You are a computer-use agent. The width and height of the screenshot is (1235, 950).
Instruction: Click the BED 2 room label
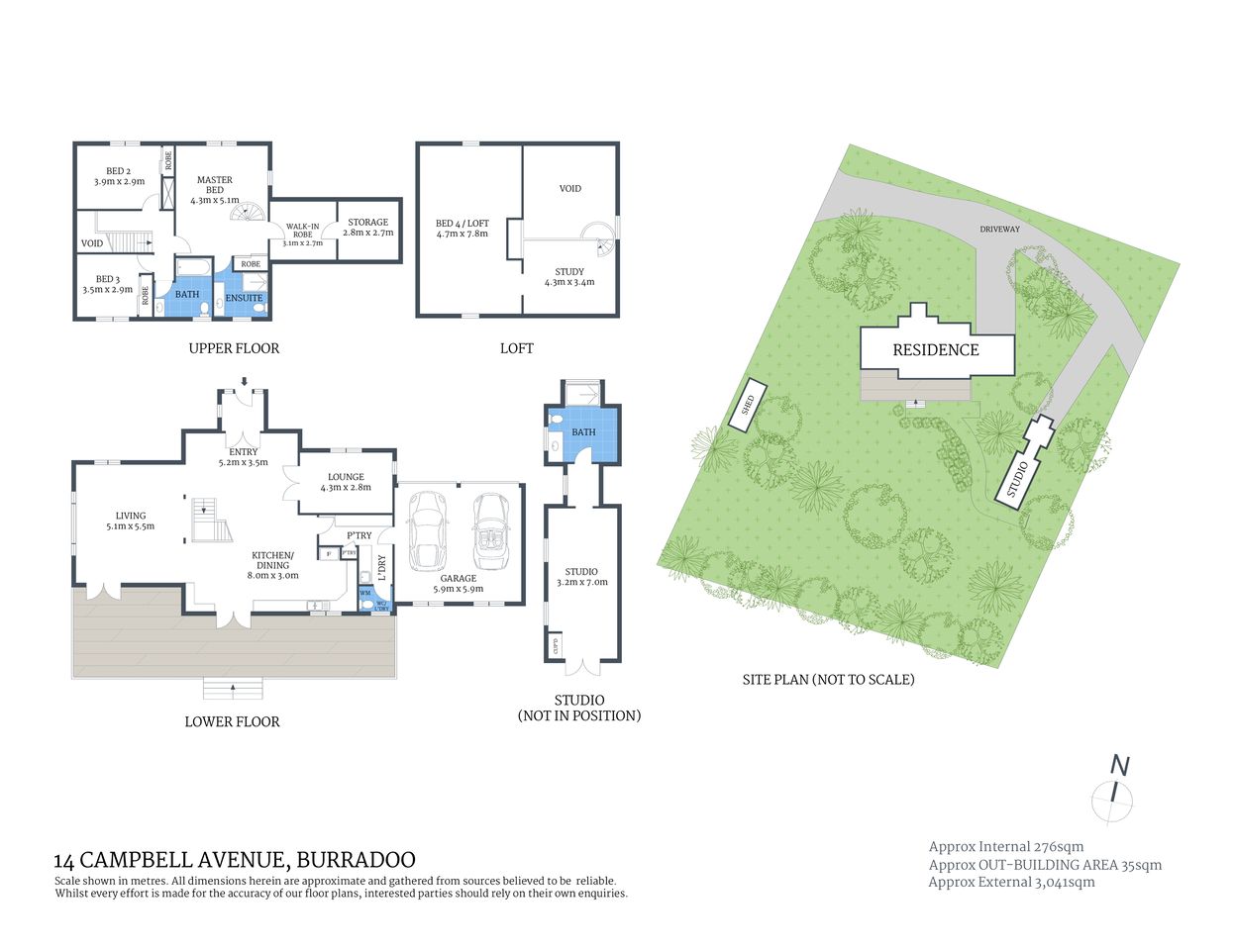119,176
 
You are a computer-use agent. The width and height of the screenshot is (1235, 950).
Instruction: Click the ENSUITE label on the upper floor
244,298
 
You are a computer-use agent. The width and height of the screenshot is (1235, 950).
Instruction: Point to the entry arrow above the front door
244,382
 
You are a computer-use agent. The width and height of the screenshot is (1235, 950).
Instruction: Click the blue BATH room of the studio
584,433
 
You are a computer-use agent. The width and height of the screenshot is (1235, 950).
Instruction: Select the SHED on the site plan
749,404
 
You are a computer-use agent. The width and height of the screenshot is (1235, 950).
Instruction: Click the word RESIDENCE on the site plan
935,350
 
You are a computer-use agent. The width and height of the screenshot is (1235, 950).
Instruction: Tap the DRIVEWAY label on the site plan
999,230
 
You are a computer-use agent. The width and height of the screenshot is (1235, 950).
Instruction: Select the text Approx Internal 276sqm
1005,847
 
